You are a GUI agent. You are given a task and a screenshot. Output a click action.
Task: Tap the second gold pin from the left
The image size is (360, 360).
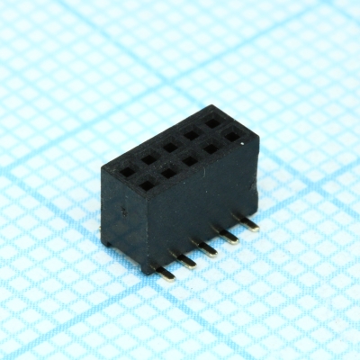[x=186, y=262]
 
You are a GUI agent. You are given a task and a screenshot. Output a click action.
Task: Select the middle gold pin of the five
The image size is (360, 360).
[x=211, y=250]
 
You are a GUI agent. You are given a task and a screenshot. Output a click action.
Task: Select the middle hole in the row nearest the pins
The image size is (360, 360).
[x=190, y=160]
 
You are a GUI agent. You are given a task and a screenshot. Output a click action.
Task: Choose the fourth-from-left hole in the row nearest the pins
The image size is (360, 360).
[x=211, y=148]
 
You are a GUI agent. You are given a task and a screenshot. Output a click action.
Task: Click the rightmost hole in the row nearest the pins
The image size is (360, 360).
[x=232, y=137]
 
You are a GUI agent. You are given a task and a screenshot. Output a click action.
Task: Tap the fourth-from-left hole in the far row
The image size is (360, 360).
[x=192, y=132]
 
